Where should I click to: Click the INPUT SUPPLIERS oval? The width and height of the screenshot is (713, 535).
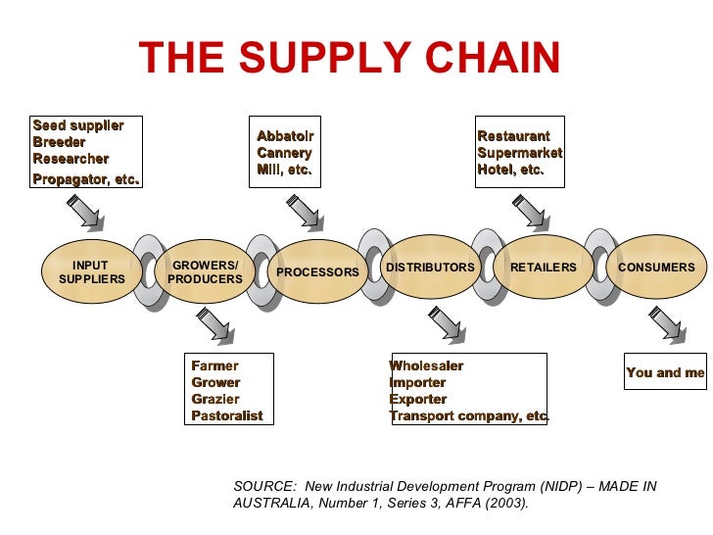(x=92, y=271)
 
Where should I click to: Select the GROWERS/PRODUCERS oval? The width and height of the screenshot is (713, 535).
(x=205, y=271)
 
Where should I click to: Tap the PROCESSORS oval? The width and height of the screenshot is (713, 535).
(x=317, y=271)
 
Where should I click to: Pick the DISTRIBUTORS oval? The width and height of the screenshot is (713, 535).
(x=430, y=267)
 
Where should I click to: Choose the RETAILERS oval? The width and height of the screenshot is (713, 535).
(x=544, y=267)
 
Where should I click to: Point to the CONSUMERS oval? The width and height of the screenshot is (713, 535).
(x=656, y=267)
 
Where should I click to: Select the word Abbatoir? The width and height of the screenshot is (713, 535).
(x=285, y=136)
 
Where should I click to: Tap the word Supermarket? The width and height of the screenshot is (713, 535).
(x=519, y=153)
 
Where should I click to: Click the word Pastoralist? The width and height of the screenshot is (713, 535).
(x=227, y=415)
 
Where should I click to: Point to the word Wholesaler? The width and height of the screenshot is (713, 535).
(x=426, y=365)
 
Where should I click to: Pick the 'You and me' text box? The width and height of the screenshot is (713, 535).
(x=665, y=372)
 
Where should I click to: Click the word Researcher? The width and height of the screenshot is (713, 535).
(x=71, y=159)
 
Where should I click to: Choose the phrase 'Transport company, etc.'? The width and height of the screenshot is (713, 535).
(x=468, y=415)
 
